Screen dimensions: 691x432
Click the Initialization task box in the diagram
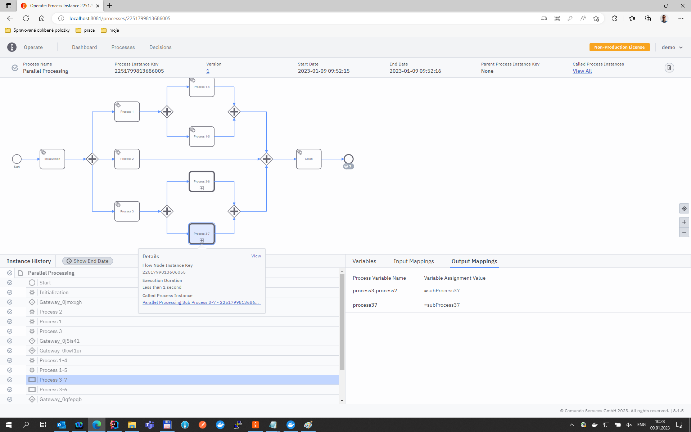tap(52, 159)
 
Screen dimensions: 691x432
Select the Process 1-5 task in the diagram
tap(202, 136)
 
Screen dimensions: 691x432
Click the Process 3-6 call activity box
tap(202, 181)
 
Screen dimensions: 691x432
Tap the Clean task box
tap(308, 159)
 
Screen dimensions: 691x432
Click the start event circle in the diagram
tap(17, 159)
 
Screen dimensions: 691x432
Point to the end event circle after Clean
tap(348, 159)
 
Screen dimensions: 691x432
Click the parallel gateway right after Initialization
tap(92, 159)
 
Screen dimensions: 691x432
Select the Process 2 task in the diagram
tap(127, 159)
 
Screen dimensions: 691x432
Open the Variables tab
tap(364, 261)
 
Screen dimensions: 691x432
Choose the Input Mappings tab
tap(414, 261)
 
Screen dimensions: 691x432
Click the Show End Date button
tap(87, 261)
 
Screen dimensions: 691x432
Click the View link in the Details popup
tap(256, 256)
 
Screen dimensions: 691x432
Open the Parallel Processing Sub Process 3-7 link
tap(200, 302)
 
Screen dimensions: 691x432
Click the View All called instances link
tap(582, 71)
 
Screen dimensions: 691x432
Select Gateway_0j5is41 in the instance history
tap(59, 341)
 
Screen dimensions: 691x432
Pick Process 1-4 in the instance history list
tap(53, 360)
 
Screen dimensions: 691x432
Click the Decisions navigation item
tap(160, 47)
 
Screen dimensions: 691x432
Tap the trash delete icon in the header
tap(669, 68)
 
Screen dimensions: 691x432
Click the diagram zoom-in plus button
tap(684, 222)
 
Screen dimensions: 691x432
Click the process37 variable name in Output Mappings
tap(365, 305)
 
